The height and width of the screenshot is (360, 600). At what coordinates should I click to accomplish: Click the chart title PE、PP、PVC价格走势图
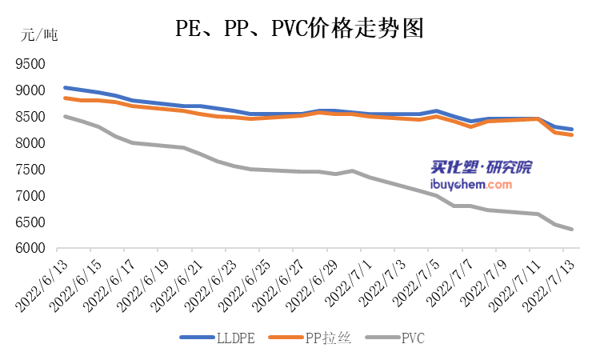(x=299, y=30)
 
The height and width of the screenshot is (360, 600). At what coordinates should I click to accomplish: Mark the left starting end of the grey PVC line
(x=65, y=117)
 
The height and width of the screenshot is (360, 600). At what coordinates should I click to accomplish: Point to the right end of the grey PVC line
(x=571, y=229)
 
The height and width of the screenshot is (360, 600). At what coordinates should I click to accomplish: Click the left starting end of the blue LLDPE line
(x=65, y=87)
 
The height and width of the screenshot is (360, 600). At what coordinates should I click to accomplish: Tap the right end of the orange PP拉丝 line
(x=571, y=135)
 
